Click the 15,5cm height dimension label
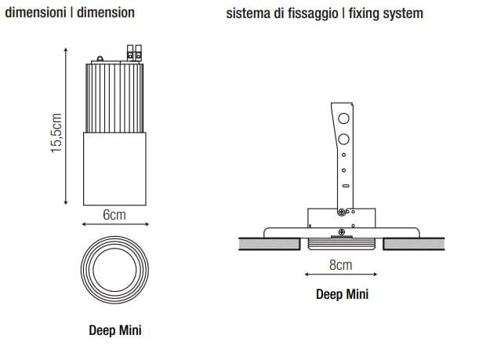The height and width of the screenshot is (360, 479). (56, 133)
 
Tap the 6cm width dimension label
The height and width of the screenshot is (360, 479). (114, 214)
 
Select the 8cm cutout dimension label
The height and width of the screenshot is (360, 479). (340, 266)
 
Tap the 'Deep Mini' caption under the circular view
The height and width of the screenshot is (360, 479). (114, 330)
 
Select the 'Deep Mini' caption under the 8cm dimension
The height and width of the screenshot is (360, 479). (342, 295)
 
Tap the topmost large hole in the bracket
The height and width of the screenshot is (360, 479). (342, 120)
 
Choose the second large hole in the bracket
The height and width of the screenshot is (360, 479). (342, 140)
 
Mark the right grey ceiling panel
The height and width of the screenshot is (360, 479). (413, 244)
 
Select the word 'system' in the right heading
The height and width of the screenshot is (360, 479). (400, 14)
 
